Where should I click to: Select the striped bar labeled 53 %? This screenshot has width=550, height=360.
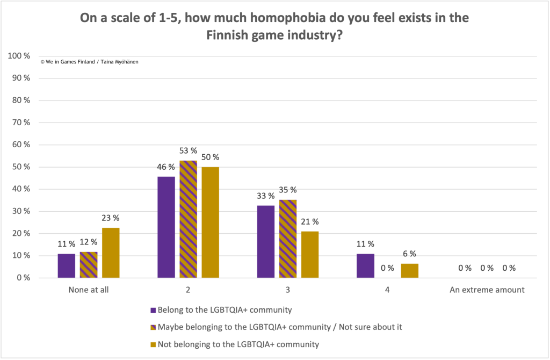click(x=188, y=219)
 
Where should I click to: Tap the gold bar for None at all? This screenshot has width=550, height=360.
click(x=110, y=253)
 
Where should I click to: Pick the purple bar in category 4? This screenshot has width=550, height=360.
click(x=366, y=266)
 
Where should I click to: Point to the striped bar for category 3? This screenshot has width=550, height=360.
click(x=288, y=239)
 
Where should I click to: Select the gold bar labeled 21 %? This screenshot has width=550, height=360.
click(x=310, y=255)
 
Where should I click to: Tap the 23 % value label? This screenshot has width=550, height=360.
click(x=110, y=218)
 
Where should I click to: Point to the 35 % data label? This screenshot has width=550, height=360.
click(x=288, y=190)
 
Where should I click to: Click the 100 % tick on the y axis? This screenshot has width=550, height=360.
click(x=19, y=56)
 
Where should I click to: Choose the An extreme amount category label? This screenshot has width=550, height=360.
click(x=487, y=290)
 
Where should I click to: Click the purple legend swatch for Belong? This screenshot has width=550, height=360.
click(x=153, y=310)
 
